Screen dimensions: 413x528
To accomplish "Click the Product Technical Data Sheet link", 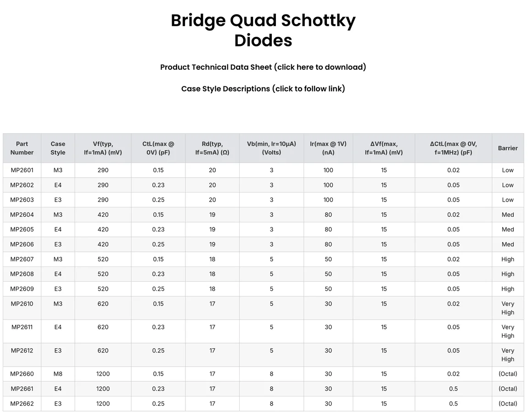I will pos(263,67).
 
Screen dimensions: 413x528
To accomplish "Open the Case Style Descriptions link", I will pos(263,89).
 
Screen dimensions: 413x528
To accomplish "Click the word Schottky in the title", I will pos(318,21).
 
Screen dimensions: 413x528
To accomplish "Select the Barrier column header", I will pos(508,148).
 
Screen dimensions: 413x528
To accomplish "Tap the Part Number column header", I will pos(22,148).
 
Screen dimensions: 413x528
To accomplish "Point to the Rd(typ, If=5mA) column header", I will pos(212,148).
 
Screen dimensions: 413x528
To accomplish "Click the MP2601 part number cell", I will pos(22,170).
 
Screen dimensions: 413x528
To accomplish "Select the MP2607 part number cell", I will pos(22,259).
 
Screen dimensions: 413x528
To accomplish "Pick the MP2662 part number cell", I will pos(22,403).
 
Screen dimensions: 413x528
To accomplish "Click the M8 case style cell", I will pos(58,374).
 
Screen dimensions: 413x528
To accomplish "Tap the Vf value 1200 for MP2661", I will pos(103,389).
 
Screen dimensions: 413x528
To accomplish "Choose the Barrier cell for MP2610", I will pos(508,308).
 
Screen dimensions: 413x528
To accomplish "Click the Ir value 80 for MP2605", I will pos(328,229).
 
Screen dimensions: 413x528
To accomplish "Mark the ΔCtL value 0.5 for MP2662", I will pos(453,403).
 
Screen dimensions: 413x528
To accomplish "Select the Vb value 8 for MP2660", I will pos(271,374).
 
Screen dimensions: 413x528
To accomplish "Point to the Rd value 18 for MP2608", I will pos(212,274).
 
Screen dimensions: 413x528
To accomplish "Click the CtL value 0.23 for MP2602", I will pos(158,185).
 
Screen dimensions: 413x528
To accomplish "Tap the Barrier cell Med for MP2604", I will pos(508,215).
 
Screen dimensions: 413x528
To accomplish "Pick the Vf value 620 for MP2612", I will pos(103,351).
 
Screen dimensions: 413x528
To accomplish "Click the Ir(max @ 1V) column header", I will pos(328,148).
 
